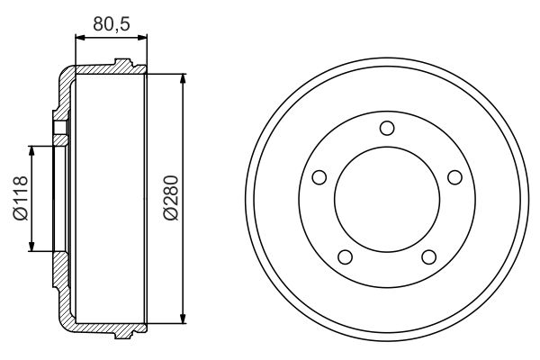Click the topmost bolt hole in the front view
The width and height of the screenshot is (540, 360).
pos(386,128)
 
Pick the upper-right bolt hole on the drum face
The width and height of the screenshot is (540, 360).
pos(454,176)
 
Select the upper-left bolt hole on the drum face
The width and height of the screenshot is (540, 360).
pos(318,176)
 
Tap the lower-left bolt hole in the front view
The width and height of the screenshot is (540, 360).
pos(344,258)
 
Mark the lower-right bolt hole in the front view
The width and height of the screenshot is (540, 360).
pos(428,258)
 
